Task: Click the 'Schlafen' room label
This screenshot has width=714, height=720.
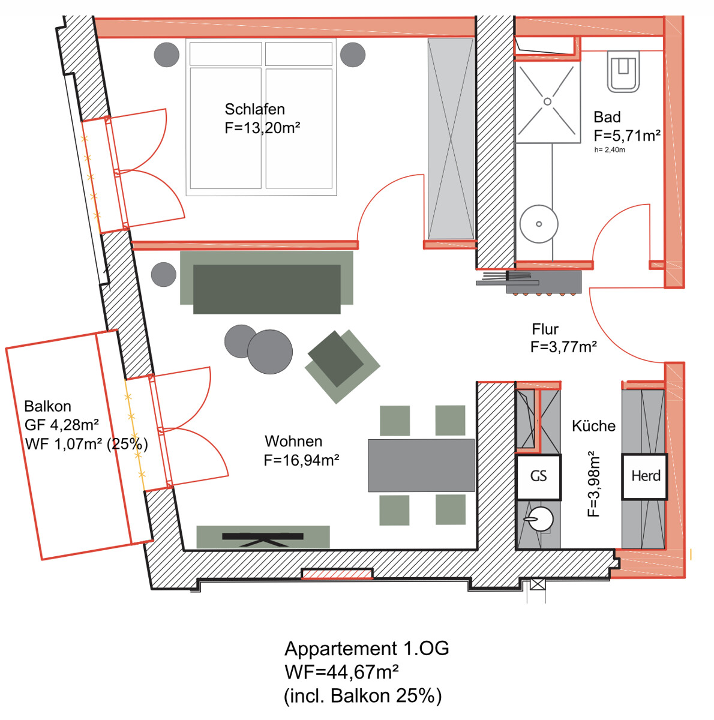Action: [x=254, y=109]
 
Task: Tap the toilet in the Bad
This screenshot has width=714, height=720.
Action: [x=623, y=71]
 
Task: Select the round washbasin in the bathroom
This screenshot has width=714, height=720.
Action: [x=539, y=224]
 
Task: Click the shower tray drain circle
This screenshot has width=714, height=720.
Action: [x=547, y=101]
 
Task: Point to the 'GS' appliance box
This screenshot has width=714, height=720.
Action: [x=538, y=477]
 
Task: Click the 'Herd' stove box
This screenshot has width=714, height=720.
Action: [x=645, y=476]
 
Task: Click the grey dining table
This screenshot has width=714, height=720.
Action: [x=421, y=465]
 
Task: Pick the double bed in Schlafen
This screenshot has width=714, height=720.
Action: [x=261, y=117]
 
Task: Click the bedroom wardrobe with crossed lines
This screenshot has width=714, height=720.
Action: [x=451, y=139]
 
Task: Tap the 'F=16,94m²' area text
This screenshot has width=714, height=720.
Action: [x=301, y=460]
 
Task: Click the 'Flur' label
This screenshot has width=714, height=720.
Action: [x=545, y=329]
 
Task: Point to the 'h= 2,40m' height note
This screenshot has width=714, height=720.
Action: [x=610, y=150]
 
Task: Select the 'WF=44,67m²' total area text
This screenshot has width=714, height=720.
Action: [x=341, y=672]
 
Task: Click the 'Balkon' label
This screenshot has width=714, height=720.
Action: [x=47, y=406]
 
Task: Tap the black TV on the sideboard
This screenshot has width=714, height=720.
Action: [x=263, y=539]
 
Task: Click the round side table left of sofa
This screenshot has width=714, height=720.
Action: [x=164, y=274]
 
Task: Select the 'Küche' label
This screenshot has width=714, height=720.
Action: [x=593, y=425]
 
